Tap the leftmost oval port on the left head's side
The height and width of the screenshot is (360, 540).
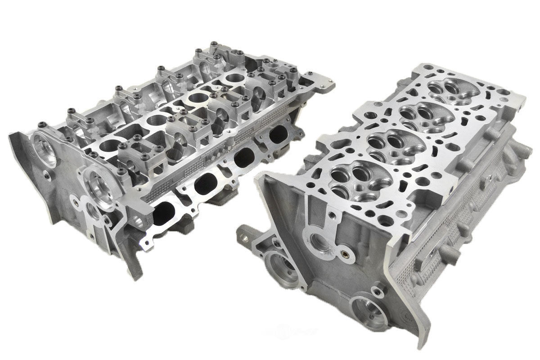167,211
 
